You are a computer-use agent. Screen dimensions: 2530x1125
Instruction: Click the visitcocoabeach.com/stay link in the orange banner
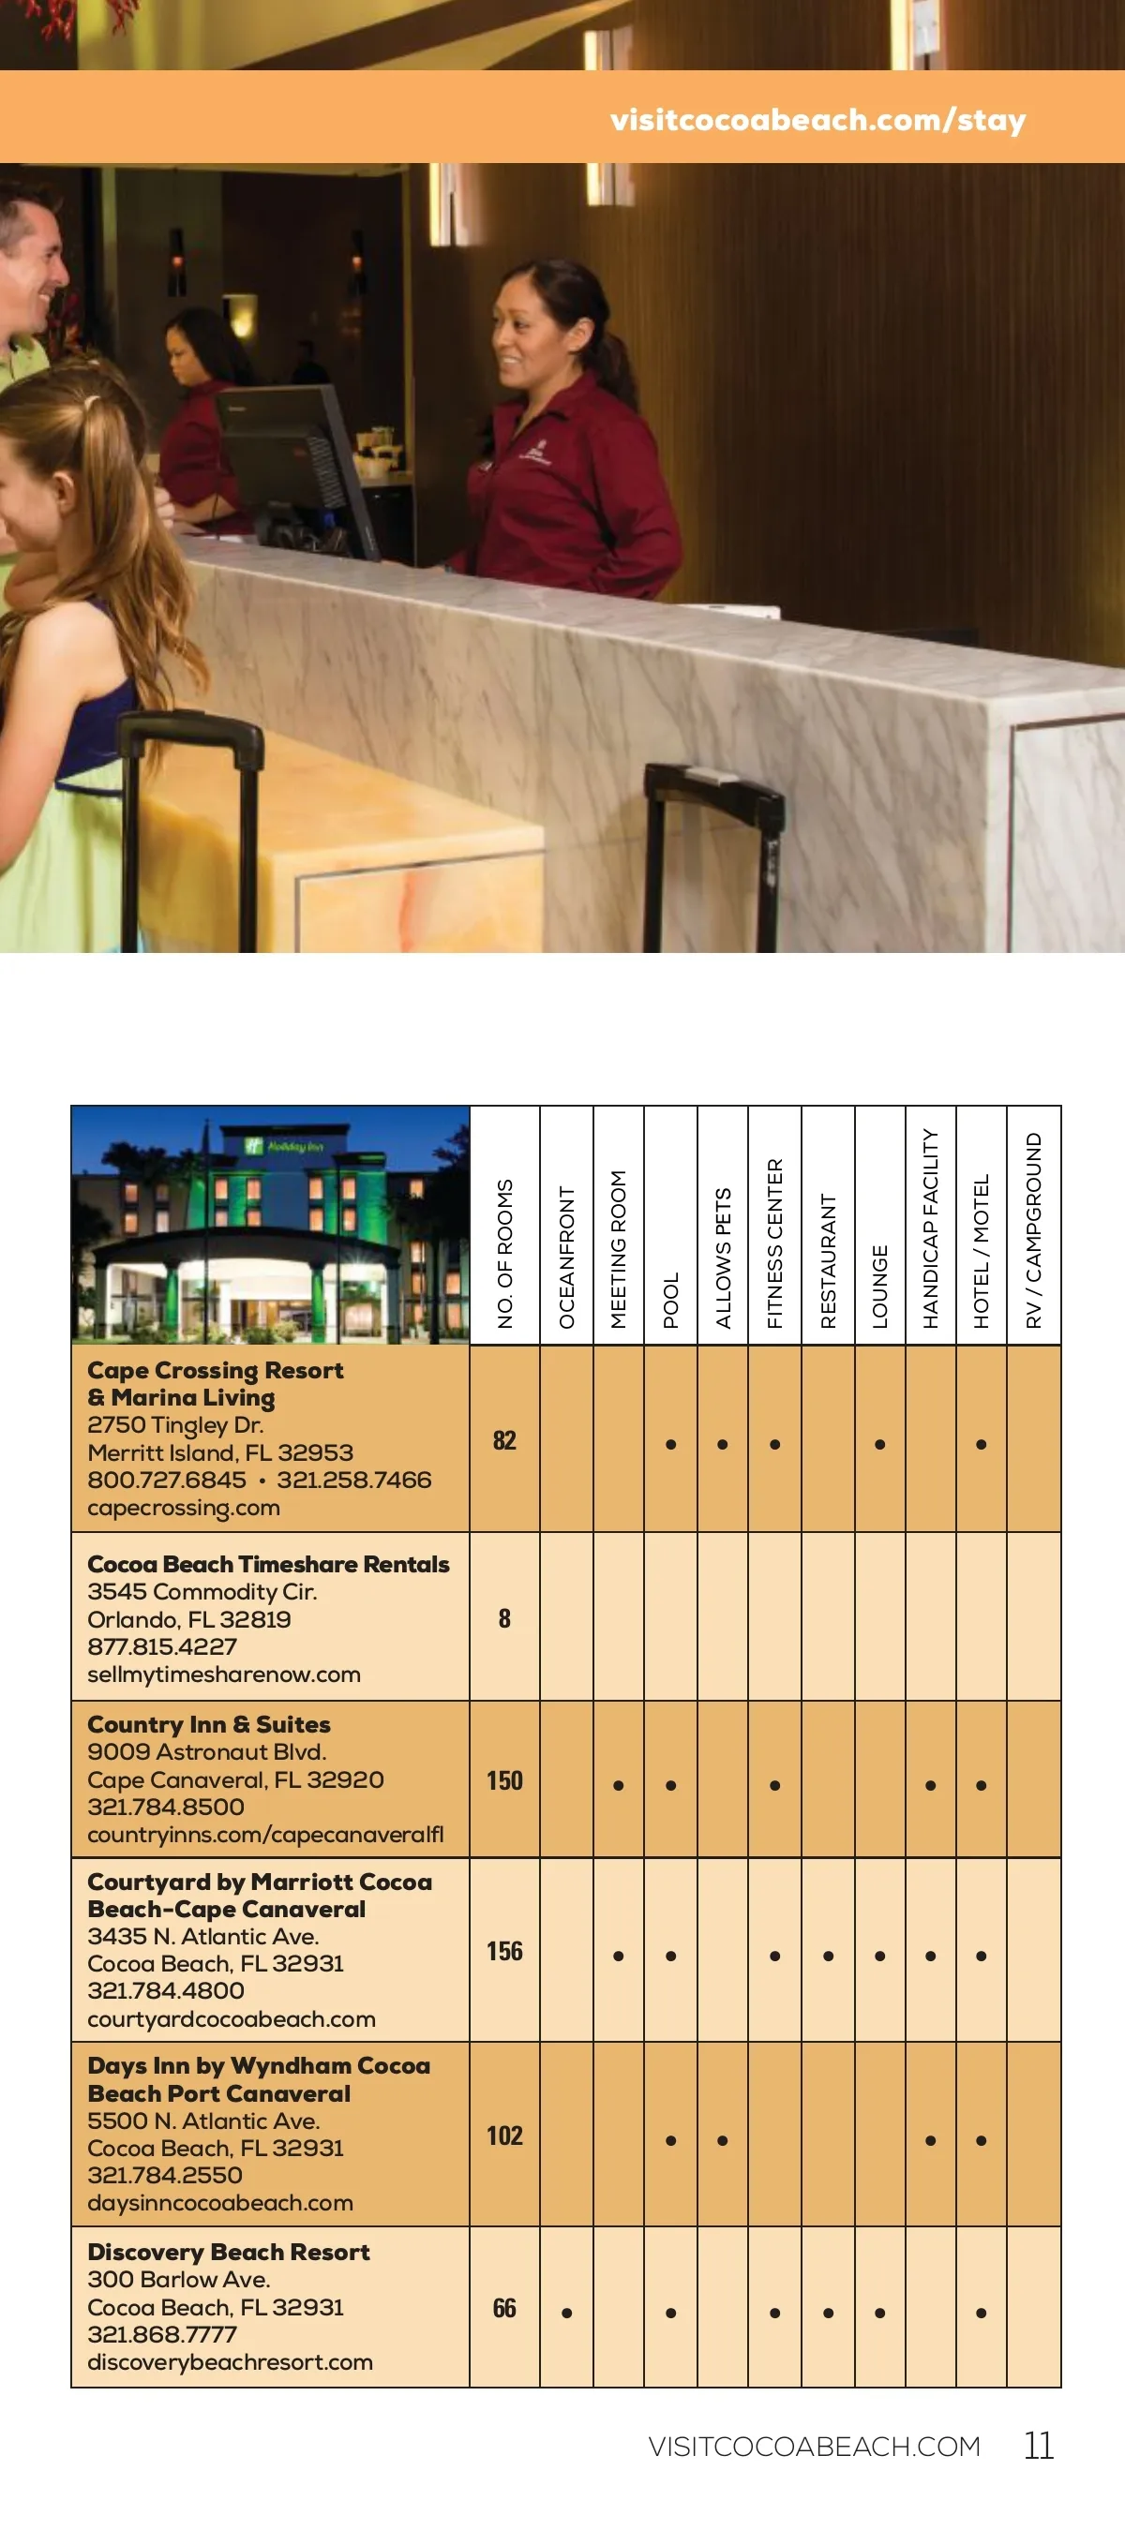[817, 120]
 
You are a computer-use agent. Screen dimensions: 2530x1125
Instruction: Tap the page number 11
[1039, 2446]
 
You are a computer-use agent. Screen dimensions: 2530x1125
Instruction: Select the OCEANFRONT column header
[567, 1257]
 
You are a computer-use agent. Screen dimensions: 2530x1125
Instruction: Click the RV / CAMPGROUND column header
[1034, 1229]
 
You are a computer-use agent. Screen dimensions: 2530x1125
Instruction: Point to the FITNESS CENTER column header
[775, 1243]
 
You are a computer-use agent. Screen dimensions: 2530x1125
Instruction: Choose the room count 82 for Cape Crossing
[504, 1440]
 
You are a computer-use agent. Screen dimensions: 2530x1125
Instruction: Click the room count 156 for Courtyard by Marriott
[504, 1951]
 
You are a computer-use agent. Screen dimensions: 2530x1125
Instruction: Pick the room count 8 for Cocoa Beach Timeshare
[504, 1617]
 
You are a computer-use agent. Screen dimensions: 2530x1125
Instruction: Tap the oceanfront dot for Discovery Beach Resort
[567, 2313]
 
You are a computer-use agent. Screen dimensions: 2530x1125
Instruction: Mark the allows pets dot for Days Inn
[722, 2140]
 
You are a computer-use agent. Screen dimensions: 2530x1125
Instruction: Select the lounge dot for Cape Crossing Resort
[879, 1444]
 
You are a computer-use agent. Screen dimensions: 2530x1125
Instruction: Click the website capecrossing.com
[184, 1508]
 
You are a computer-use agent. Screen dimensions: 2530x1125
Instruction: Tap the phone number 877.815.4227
[162, 1646]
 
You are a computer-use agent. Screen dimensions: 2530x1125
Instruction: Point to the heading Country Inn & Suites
[208, 1723]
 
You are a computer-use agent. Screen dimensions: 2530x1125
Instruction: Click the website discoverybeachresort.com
[230, 2361]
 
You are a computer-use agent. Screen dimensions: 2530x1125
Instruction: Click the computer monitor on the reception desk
[294, 462]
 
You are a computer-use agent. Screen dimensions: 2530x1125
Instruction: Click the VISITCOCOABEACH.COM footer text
[814, 2447]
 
